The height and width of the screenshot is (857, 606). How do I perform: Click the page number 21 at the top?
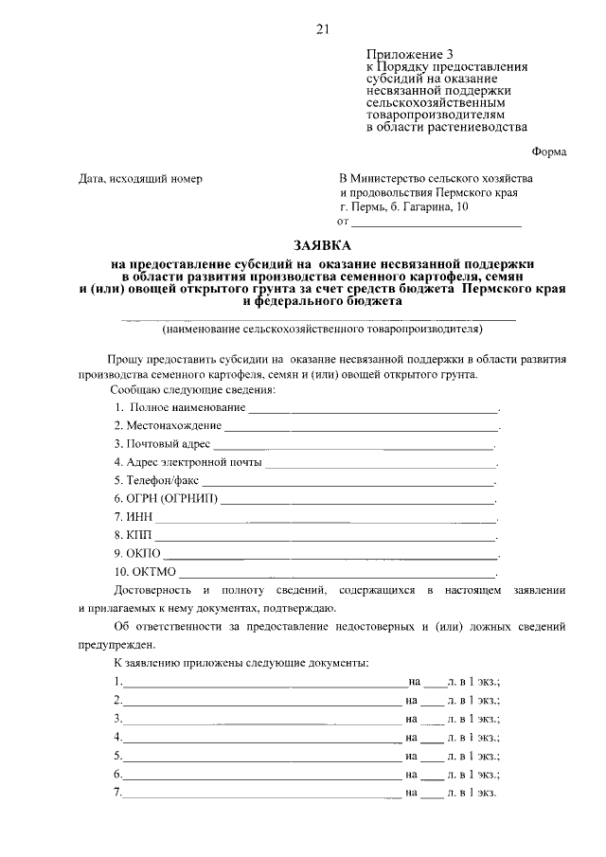click(322, 29)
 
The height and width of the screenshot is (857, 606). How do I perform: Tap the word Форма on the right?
click(549, 152)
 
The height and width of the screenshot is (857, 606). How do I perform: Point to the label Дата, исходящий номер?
click(140, 178)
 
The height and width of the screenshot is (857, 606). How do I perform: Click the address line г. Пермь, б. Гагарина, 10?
click(402, 206)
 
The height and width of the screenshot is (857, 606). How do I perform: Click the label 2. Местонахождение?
click(168, 425)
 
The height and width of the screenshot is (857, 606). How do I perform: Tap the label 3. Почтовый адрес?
click(162, 443)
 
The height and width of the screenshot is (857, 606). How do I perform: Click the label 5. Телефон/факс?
click(155, 480)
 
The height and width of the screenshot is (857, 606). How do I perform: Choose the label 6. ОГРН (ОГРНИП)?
click(165, 498)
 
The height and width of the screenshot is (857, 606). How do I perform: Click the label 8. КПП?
click(133, 535)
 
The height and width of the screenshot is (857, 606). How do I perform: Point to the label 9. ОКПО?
click(137, 553)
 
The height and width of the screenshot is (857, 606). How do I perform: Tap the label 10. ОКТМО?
click(143, 571)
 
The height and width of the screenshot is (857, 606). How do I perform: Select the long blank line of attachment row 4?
click(261, 740)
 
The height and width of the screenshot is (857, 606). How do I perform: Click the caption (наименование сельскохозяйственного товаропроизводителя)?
click(322, 330)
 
